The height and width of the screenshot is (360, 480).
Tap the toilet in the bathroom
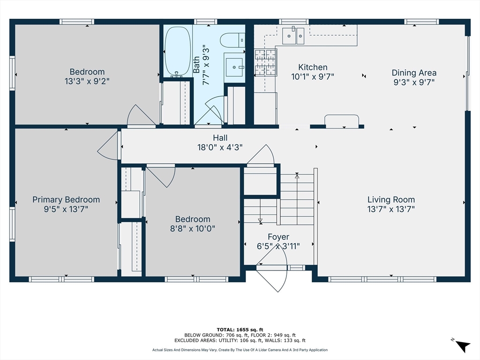pos(232,40)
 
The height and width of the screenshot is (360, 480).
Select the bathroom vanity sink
pos(234,67)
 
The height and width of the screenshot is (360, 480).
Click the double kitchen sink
pos(293,36)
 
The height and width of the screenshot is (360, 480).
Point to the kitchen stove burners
pos(265,62)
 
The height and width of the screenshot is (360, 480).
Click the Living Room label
pos(391,200)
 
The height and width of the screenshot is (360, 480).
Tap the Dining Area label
pos(414,73)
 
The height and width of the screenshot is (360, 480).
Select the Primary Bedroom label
pos(66,200)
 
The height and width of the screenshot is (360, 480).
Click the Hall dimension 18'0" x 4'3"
pos(220,147)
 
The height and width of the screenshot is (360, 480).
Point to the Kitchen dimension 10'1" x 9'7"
pos(313,76)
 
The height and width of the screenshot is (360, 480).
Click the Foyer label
pos(278,237)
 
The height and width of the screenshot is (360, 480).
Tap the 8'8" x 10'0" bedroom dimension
pos(193,228)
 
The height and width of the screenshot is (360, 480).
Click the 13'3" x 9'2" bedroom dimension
pos(87,81)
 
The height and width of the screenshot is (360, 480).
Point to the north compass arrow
pos(463,346)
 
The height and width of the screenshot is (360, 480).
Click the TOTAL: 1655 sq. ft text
pos(240,330)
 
